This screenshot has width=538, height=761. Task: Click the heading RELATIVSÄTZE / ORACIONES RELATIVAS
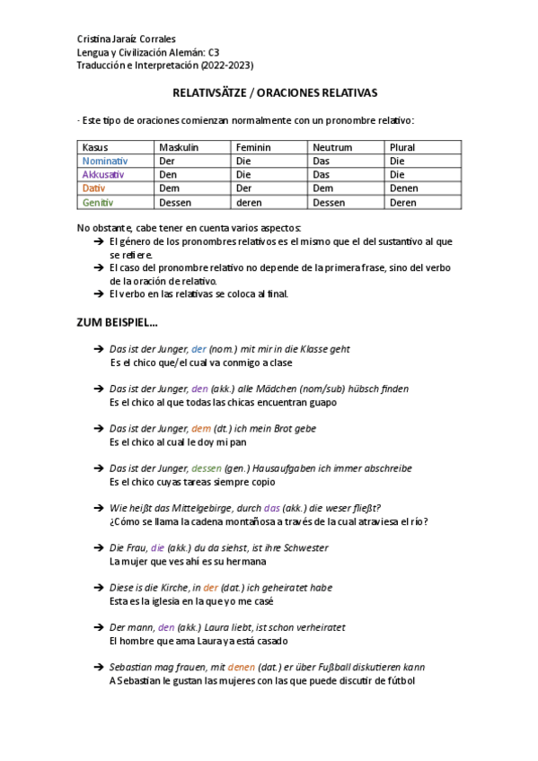(x=276, y=92)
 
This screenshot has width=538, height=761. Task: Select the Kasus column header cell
(x=95, y=147)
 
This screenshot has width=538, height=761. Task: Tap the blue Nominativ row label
(x=105, y=161)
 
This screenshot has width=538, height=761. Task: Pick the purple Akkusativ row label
(x=103, y=174)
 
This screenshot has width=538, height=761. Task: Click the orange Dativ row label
(x=93, y=188)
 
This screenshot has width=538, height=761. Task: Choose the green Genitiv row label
(x=96, y=202)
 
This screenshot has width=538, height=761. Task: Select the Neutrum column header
(x=332, y=147)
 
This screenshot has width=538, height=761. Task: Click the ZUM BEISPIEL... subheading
(x=118, y=322)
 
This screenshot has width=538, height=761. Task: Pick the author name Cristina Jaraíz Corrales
(x=127, y=39)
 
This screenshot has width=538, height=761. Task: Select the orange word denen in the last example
(x=242, y=667)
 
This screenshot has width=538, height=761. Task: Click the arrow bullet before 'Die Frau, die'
(x=98, y=547)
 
